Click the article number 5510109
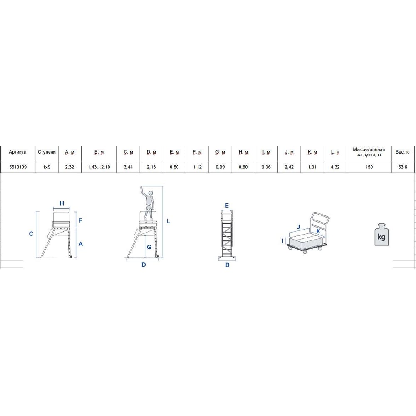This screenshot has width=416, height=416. point(18,167)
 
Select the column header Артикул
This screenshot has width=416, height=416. point(17,152)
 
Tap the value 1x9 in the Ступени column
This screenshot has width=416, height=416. point(47,167)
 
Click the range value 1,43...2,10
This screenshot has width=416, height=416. point(99,167)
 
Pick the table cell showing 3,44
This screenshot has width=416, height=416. point(128,167)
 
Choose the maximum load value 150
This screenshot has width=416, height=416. point(369,167)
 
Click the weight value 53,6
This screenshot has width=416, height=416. point(403,167)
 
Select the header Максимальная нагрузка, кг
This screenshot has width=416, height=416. point(369,152)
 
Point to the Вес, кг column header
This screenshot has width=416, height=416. point(403,152)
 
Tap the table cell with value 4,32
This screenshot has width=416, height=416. point(335,167)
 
